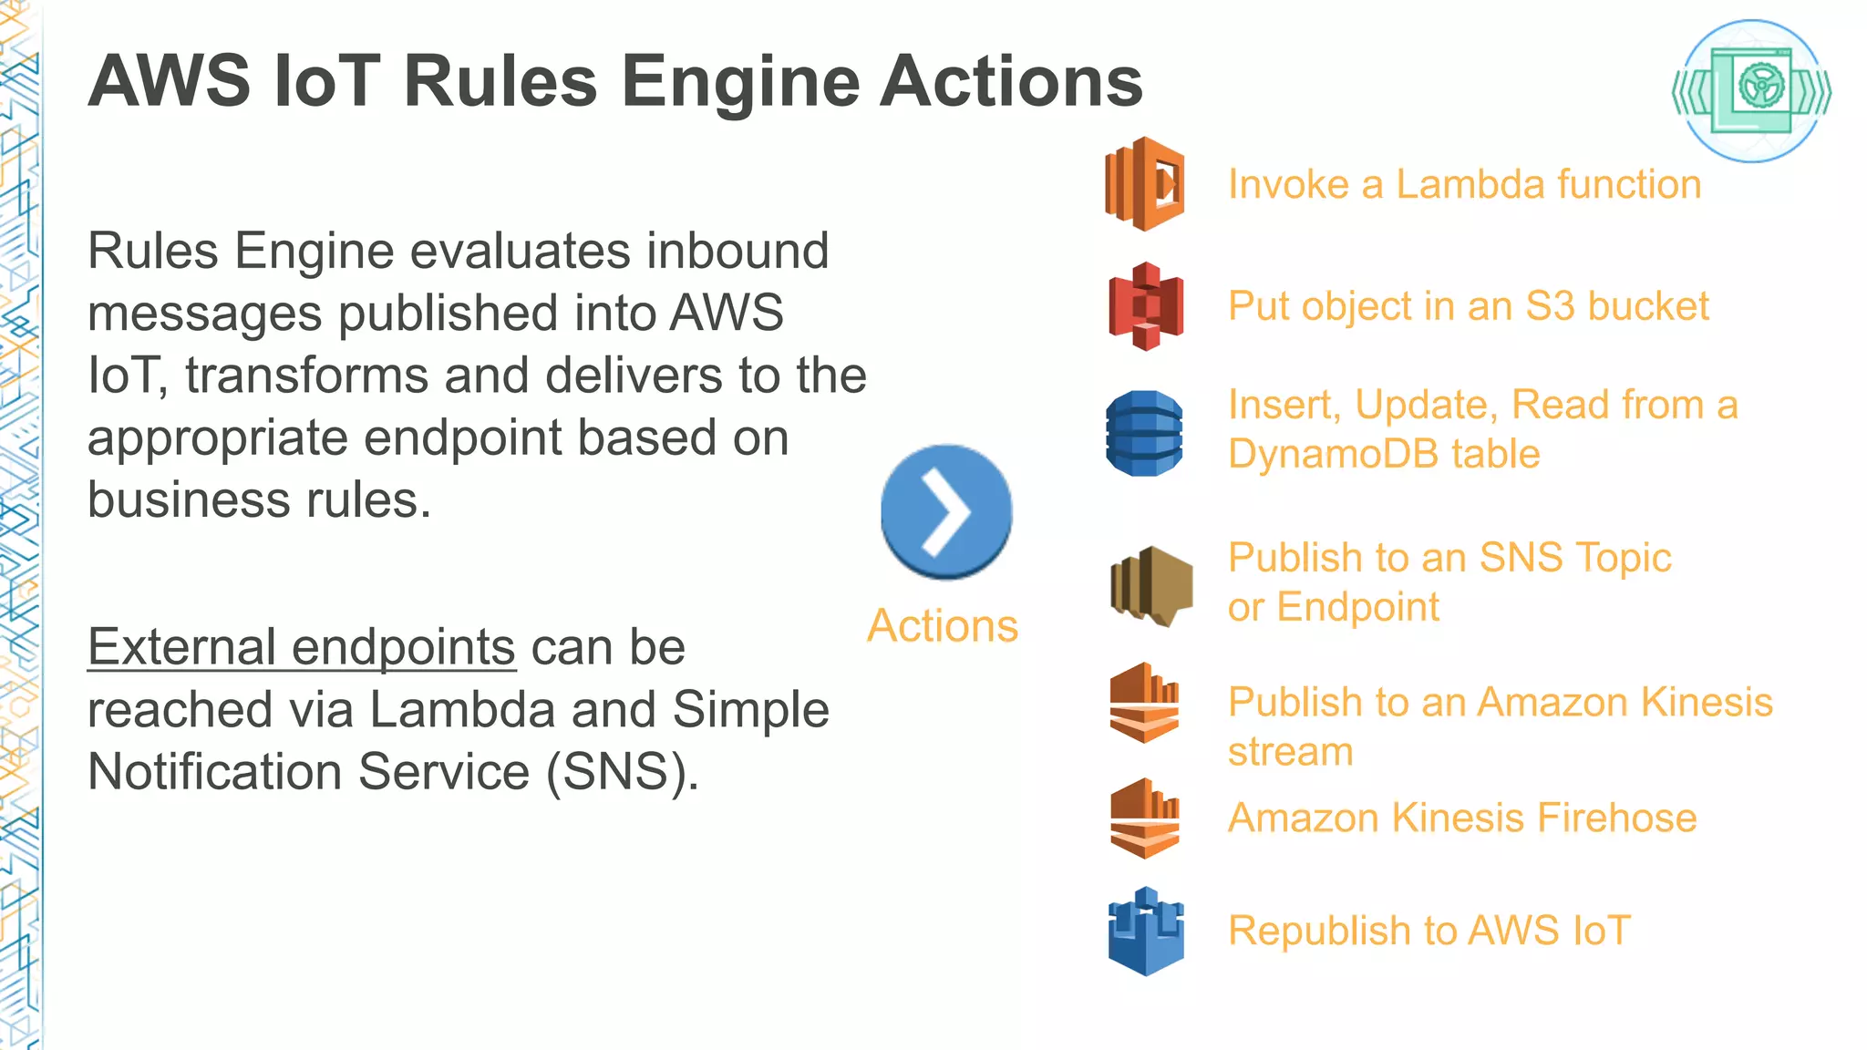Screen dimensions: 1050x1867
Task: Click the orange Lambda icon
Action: tap(1145, 183)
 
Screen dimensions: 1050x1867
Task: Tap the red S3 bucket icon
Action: tap(1146, 306)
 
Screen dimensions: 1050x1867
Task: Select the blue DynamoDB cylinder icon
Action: tap(1144, 433)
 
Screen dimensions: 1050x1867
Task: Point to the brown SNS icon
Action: tap(1151, 585)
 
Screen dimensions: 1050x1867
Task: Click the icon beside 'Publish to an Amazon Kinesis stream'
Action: tap(1145, 703)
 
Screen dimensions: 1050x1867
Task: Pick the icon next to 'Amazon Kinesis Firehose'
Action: tap(1145, 818)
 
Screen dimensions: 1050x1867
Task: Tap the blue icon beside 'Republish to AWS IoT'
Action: tap(1146, 932)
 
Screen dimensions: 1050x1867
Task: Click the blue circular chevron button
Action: tap(946, 511)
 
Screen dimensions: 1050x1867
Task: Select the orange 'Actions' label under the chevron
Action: tap(943, 626)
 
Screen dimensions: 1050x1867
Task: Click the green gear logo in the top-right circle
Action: tap(1751, 90)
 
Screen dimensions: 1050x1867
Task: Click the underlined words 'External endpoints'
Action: tap(302, 647)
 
